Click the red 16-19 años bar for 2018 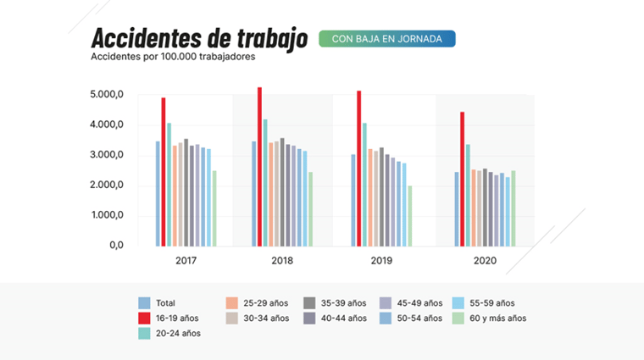(x=260, y=166)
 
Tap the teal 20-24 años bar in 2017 (x=169, y=185)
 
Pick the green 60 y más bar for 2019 (x=410, y=216)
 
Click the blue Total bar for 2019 (x=353, y=200)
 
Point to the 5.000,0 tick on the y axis (x=106, y=95)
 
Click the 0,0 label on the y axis (x=116, y=246)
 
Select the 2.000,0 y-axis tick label (x=106, y=186)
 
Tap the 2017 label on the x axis (x=186, y=261)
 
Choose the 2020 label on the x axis (x=485, y=261)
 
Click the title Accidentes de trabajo (x=199, y=39)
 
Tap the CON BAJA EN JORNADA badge (x=386, y=39)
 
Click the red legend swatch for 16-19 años (x=145, y=318)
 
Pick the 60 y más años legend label (x=495, y=318)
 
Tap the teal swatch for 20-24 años (x=145, y=333)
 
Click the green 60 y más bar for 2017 (x=214, y=208)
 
